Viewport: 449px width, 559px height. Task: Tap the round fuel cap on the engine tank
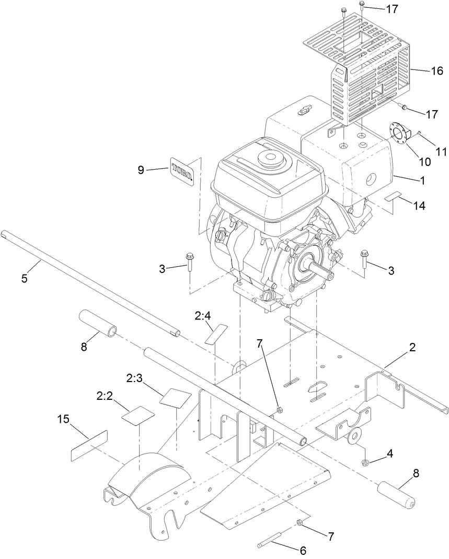tap(270, 157)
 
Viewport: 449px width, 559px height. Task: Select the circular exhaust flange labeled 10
tap(401, 135)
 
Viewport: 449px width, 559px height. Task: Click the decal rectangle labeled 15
tap(89, 446)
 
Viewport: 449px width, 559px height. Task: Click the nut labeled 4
tap(365, 462)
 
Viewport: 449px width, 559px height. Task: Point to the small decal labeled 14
tap(394, 197)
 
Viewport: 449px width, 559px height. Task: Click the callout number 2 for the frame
tap(413, 348)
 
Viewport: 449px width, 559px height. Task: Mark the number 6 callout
tap(302, 550)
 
